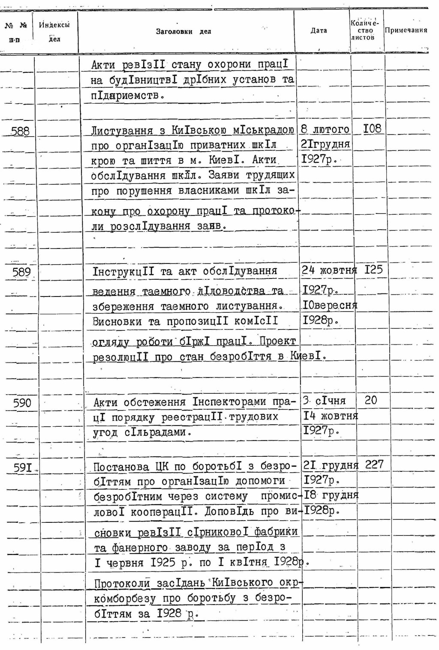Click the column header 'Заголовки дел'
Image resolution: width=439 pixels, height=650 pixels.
183,31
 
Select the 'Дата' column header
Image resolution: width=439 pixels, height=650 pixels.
319,30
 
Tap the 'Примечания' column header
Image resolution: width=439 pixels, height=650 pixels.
406,30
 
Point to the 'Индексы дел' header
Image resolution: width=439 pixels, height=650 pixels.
54,31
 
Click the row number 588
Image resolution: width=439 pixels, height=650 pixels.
20,131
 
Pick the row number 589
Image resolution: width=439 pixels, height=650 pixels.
21,272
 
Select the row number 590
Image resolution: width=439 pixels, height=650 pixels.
22,403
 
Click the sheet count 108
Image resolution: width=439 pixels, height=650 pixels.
372,129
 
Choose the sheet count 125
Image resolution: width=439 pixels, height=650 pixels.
373,270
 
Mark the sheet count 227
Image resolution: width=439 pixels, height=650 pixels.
374,464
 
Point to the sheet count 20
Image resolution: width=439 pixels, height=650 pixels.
370,400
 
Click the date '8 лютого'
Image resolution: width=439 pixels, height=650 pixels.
325,129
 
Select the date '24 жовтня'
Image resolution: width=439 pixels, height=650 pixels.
329,270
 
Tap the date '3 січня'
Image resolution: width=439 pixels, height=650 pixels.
324,401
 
